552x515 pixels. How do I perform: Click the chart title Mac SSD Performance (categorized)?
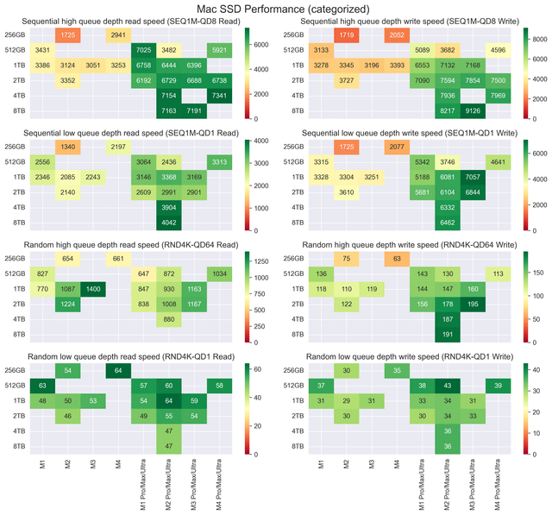(x=275, y=8)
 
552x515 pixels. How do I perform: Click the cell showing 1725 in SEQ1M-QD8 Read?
(x=67, y=35)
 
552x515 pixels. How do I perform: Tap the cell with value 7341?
(x=219, y=95)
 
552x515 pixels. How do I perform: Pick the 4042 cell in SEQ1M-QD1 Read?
(x=169, y=222)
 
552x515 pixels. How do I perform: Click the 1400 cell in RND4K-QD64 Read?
(x=93, y=288)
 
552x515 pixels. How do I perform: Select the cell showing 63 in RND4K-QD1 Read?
(x=42, y=385)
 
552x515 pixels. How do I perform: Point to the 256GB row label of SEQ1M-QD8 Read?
(x=16, y=35)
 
